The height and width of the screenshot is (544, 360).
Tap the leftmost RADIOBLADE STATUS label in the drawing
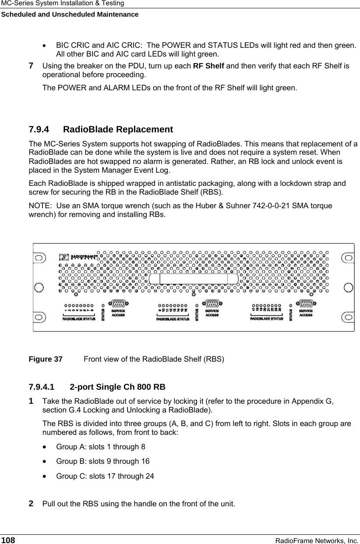[79, 319]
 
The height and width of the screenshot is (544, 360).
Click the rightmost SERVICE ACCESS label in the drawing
[306, 313]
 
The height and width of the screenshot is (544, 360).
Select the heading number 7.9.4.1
[42, 388]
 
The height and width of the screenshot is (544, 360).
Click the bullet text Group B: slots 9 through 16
[103, 461]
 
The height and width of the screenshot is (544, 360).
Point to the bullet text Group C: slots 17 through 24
[105, 476]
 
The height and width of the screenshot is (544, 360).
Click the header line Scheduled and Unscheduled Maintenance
[70, 14]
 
